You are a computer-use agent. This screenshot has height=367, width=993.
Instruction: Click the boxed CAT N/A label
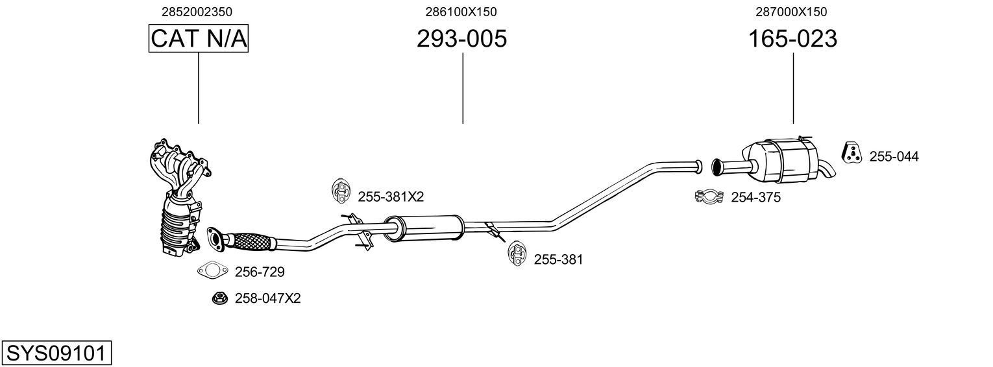[x=199, y=39]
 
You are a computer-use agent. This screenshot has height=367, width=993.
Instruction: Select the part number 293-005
[x=461, y=39]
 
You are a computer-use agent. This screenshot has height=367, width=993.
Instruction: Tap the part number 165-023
[x=792, y=39]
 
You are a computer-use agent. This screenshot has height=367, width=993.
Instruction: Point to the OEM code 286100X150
[x=461, y=12]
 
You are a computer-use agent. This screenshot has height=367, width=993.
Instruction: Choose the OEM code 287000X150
[x=791, y=12]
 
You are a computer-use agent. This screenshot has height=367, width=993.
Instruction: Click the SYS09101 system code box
[x=56, y=353]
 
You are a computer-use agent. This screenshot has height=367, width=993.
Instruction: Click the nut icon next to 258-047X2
[x=219, y=298]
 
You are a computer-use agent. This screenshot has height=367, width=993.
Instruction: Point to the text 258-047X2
[x=268, y=298]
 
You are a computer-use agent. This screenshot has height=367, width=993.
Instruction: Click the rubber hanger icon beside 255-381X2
[x=339, y=189]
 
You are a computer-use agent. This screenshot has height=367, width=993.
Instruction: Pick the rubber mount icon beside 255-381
[x=516, y=254]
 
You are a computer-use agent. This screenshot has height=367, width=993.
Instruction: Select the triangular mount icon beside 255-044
[x=852, y=152]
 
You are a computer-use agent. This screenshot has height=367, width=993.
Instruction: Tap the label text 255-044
[x=894, y=156]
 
